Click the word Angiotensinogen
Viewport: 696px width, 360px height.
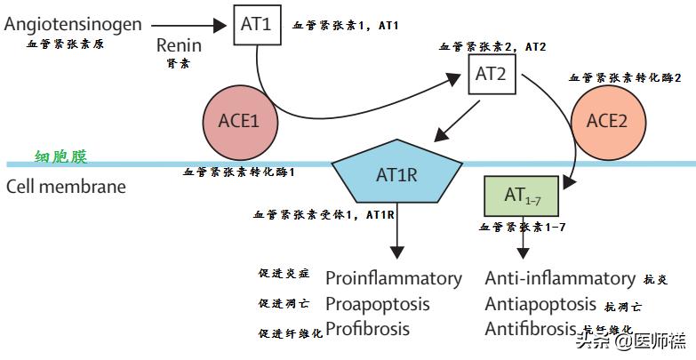[x=73, y=24]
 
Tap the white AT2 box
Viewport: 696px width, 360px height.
[x=491, y=74]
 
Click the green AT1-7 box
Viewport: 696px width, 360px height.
[x=521, y=196]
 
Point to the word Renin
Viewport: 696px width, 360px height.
[x=180, y=45]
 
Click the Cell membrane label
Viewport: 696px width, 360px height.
[x=66, y=188]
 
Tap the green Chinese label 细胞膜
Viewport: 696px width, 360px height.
[x=61, y=157]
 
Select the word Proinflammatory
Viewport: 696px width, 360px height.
[x=394, y=278]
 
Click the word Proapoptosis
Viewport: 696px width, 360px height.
[x=377, y=304]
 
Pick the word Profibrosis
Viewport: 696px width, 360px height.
[x=368, y=329]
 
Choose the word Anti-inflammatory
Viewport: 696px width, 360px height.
[x=560, y=278]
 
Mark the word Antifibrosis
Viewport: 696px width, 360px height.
[x=531, y=329]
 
